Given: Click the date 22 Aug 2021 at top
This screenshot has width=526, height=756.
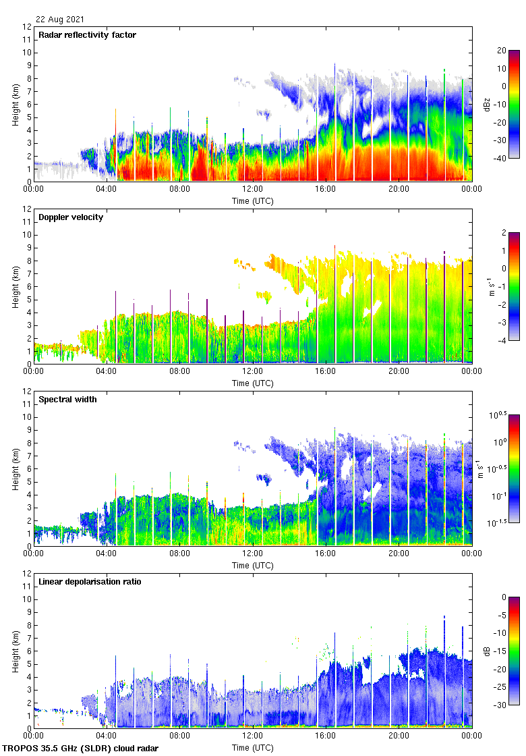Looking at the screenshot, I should (x=61, y=20).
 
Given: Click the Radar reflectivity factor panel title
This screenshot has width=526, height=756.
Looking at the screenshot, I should (x=88, y=35).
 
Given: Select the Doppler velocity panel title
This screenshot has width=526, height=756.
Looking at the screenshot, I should (x=71, y=217).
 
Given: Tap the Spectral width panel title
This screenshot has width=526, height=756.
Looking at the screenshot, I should (x=67, y=400).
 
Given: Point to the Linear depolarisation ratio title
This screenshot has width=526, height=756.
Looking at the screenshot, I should (x=90, y=582).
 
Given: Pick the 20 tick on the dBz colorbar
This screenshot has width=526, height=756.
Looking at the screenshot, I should (x=501, y=51).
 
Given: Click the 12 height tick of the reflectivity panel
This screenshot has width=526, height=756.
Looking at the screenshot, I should (x=27, y=27).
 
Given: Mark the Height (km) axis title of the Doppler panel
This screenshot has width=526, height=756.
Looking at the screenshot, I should (x=15, y=286).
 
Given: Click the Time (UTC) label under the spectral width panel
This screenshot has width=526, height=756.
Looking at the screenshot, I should (x=253, y=565).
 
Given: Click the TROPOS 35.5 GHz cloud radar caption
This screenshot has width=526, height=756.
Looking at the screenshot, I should (x=81, y=749).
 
